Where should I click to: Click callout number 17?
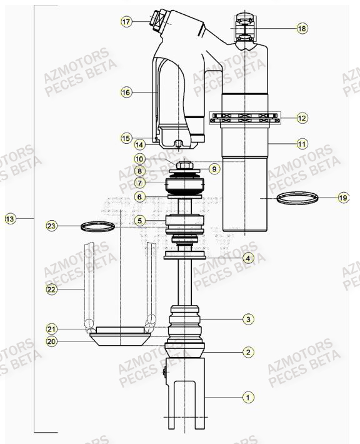coord(126,22)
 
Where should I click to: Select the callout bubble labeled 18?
coord(302,29)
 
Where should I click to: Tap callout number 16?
coord(126,93)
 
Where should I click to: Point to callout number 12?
coord(302,118)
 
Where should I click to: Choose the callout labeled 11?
coord(302,144)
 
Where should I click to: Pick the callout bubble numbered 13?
coord(9,219)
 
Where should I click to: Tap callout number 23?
coord(51,225)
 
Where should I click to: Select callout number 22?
coord(51,289)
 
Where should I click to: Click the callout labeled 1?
coord(248,396)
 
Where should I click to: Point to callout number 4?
coord(248,258)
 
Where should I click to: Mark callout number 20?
coord(51,341)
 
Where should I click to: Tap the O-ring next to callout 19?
coord(296,199)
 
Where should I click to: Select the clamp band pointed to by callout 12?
coord(245,117)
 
